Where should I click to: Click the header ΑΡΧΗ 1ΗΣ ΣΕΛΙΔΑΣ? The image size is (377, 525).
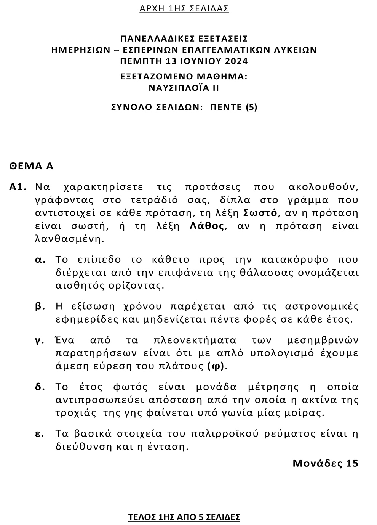(184, 8)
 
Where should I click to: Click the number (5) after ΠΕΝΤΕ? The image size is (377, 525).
(251, 107)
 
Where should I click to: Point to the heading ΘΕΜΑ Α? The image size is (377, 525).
(32, 166)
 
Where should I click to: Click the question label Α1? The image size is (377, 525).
(18, 187)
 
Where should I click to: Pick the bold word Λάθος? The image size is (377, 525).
(207, 226)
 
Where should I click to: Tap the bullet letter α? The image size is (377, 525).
(40, 260)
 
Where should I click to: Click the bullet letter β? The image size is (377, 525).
(40, 307)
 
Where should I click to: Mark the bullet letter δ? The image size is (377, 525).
(40, 387)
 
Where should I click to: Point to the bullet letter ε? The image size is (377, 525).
(40, 433)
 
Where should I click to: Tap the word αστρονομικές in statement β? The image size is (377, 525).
(322, 306)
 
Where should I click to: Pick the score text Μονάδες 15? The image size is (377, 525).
(325, 463)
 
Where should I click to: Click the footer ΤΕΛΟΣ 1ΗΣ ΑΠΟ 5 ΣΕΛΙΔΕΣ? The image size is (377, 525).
(184, 517)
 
